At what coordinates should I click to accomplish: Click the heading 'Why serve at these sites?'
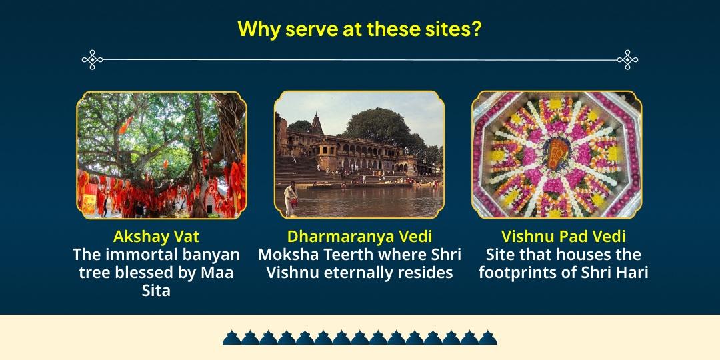point(359,30)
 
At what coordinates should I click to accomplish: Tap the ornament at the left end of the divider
point(92,60)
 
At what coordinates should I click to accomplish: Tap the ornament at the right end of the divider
point(627,60)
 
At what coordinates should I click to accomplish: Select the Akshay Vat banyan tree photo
point(161,155)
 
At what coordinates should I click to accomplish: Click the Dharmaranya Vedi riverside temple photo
point(359,155)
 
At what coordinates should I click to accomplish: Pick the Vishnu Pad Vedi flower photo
point(557,155)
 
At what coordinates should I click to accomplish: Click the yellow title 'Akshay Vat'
point(156,237)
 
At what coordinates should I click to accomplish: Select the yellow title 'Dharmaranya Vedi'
point(359,237)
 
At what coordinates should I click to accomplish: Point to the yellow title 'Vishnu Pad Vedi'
point(563,237)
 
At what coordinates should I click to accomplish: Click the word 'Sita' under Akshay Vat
point(156,291)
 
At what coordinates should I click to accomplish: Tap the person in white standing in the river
point(291,198)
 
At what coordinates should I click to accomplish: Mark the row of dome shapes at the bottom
point(359,337)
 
